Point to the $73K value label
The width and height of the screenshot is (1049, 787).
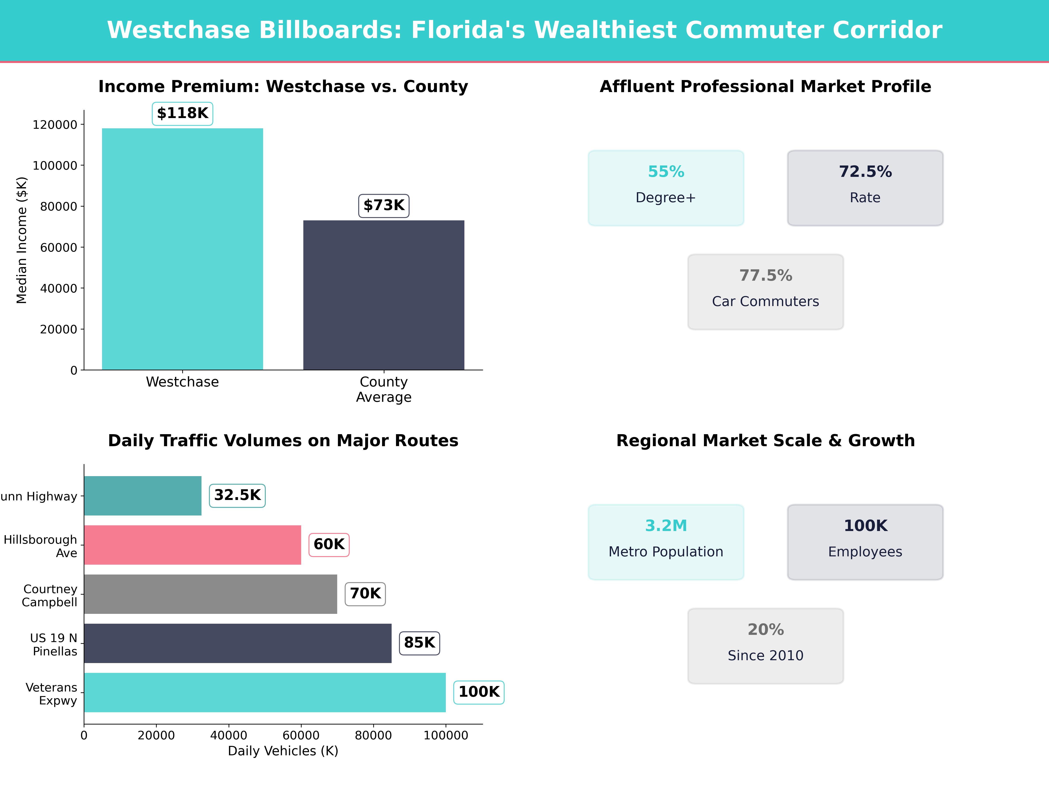384,205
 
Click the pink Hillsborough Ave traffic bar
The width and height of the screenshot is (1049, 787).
192,545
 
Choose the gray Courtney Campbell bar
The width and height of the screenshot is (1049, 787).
210,594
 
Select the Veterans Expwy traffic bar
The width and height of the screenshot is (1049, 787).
265,692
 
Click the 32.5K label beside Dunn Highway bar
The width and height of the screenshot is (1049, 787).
237,495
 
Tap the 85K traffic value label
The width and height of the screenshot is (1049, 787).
419,643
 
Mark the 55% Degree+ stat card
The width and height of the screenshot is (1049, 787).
666,188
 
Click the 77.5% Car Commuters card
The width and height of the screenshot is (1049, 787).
765,292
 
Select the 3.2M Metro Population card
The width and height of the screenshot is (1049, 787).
666,542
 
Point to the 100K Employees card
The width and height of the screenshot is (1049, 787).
865,542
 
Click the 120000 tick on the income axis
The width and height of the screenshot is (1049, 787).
55,125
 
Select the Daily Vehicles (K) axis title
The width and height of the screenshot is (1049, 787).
283,751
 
